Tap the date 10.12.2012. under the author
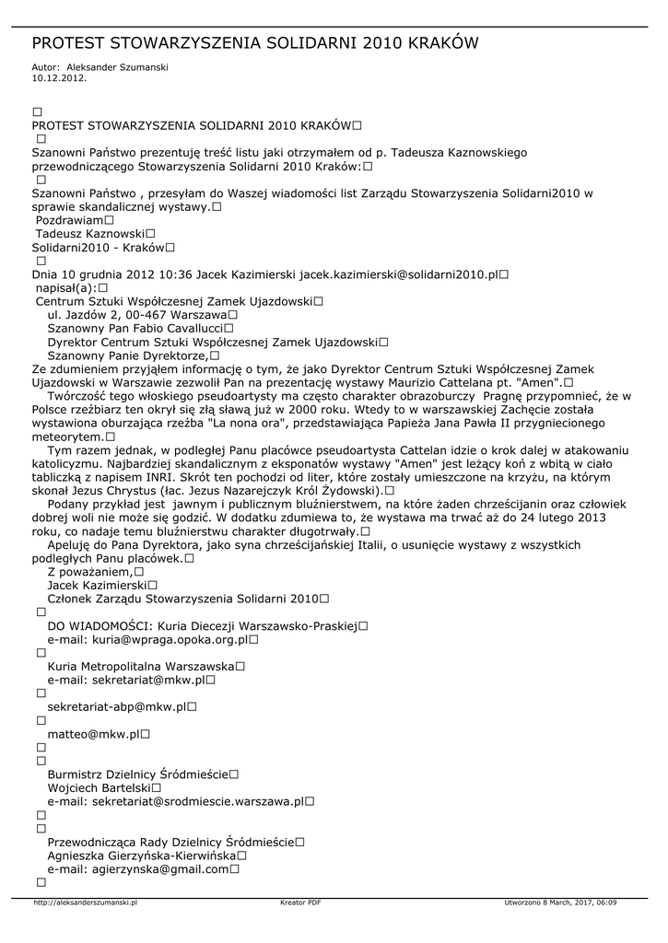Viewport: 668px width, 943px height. pyautogui.click(x=59, y=78)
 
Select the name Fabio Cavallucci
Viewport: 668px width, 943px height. pyautogui.click(x=172, y=328)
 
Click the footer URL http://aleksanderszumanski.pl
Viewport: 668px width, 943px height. pyautogui.click(x=85, y=902)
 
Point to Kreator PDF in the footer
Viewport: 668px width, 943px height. pyautogui.click(x=300, y=902)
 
